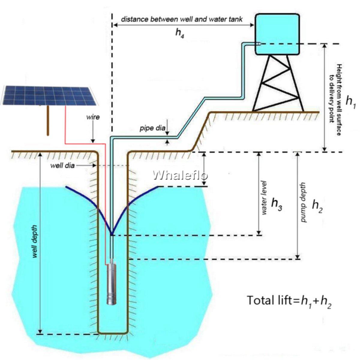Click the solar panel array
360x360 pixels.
coord(49,95)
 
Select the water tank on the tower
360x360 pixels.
coord(277,34)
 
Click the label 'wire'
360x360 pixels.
coord(93,117)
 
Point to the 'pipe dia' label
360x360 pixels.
coord(153,128)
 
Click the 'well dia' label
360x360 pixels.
coord(63,165)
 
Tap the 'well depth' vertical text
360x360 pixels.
coord(35,241)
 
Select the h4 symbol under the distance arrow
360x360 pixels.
coord(179,34)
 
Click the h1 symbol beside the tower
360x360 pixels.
coord(350,102)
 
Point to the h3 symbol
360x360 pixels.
coord(277,204)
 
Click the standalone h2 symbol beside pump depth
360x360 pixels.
coord(317,206)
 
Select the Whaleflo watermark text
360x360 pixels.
coord(181,175)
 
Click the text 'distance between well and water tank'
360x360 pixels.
coord(182,19)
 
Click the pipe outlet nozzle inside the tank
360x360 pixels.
coord(259,44)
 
